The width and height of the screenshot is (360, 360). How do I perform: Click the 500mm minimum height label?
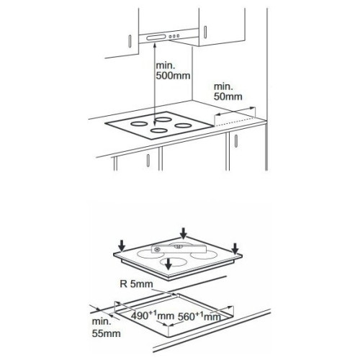coord(173,71)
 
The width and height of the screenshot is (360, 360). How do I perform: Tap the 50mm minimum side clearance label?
coord(228,91)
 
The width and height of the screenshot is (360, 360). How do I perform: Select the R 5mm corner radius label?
coord(136,284)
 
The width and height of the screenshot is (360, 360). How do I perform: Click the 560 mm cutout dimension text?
coord(199,316)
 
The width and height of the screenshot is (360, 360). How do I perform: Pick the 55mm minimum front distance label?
coord(106,328)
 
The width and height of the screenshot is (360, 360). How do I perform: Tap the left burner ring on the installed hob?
coord(139,124)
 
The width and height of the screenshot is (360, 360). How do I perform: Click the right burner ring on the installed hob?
coord(183,125)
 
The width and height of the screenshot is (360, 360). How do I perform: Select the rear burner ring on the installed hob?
coord(164,120)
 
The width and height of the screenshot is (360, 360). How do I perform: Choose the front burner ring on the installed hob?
coord(159,130)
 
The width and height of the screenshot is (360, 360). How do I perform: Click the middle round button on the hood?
coord(174,37)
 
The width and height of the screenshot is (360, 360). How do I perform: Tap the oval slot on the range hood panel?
coord(156,37)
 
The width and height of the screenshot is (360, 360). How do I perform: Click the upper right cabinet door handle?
coord(205,32)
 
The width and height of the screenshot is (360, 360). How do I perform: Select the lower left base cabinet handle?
coord(148,161)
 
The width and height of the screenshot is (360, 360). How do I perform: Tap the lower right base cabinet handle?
coord(236,141)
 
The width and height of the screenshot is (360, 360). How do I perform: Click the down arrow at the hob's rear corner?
coord(184,233)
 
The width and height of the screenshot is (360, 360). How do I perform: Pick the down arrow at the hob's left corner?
coord(122,246)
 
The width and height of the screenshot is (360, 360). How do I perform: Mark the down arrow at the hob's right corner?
coord(235,248)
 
